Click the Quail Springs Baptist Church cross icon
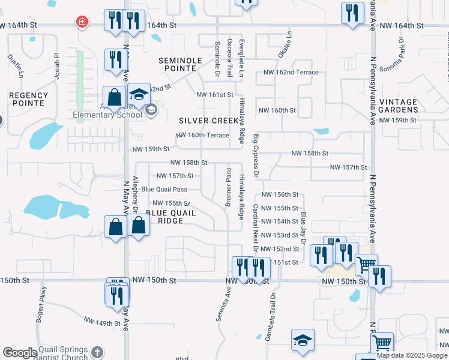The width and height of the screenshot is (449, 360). [x=98, y=352]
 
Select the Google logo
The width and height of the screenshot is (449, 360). [x=20, y=353]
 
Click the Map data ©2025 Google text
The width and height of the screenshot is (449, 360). [x=411, y=355]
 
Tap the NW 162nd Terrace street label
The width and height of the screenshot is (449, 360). [x=291, y=73]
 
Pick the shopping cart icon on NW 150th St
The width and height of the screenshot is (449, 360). [x=366, y=264]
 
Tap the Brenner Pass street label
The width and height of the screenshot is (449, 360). [x=229, y=187]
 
